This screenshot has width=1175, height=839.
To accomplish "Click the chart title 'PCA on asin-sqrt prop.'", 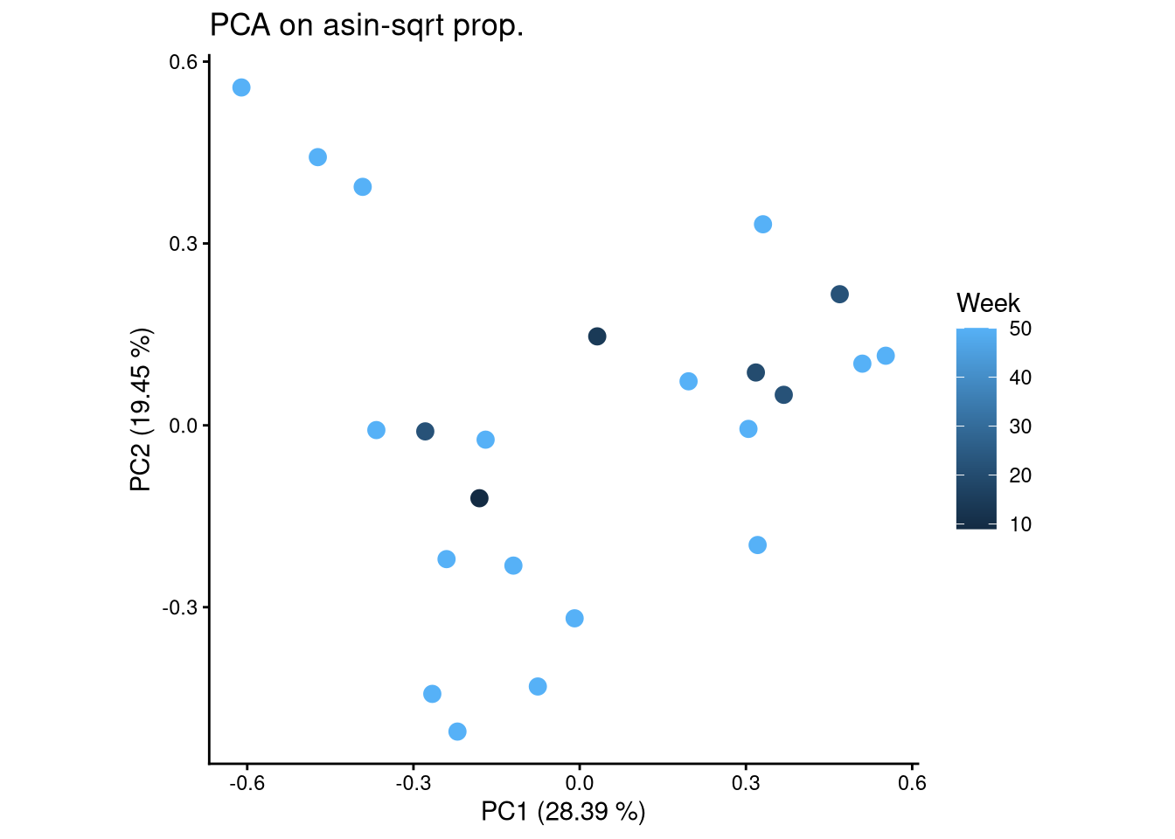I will [366, 26].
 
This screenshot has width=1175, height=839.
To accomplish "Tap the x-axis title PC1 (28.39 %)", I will [563, 812].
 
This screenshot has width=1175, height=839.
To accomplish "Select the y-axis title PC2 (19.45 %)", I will [141, 410].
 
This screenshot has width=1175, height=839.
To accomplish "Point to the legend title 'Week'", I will [988, 303].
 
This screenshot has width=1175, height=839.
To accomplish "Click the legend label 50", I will [1020, 329].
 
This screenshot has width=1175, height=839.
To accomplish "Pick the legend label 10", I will [1020, 524].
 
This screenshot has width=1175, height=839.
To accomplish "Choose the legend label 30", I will [1020, 427].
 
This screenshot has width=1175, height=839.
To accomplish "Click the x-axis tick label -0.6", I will [247, 783].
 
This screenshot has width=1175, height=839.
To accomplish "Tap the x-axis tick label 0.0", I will [580, 783].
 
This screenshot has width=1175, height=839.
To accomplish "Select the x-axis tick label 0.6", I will [912, 783].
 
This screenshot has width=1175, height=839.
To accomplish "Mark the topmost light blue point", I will [241, 87].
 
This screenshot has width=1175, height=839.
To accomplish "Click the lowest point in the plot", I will [457, 732].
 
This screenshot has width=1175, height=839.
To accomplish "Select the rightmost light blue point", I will [886, 356].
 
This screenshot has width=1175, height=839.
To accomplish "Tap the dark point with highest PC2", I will [839, 295].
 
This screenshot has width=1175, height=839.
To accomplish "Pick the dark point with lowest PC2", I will [479, 498].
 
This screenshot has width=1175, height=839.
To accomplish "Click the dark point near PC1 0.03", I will [597, 336].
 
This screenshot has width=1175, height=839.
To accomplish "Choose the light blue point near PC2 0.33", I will [763, 225].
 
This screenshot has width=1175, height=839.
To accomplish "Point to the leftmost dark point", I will [425, 431].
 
